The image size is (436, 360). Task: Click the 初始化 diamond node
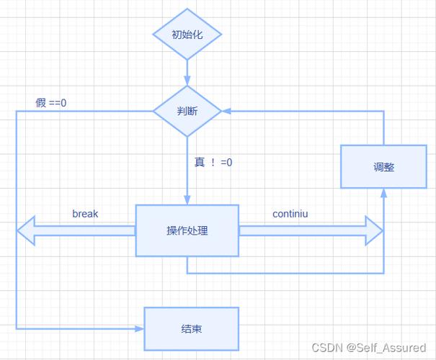187,35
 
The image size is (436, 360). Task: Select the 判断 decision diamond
187,112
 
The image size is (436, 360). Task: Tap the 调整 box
383,167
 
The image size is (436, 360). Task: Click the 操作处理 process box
187,230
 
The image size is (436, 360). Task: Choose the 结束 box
191,328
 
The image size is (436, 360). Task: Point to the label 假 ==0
51,102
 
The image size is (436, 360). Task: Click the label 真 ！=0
213,162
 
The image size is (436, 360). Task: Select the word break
85,214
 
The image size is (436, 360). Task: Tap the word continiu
291,214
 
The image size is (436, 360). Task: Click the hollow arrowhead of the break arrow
26,230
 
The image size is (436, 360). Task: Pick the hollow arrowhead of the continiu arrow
375,230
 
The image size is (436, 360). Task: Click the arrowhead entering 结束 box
139,328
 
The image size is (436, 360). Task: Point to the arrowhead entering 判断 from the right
226,112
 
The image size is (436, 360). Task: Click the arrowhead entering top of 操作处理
187,200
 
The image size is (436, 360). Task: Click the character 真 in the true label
200,162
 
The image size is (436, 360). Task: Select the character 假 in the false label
41,102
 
